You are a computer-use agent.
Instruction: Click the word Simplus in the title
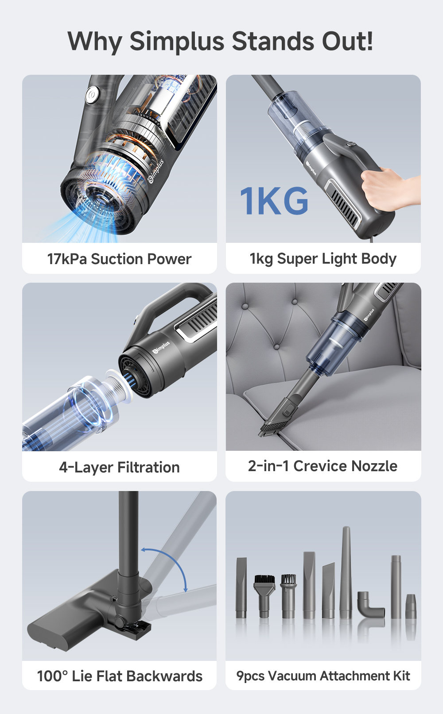pyautogui.click(x=177, y=42)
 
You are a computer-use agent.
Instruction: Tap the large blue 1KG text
pyautogui.click(x=274, y=201)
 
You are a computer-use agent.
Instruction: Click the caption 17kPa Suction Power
pyautogui.click(x=119, y=259)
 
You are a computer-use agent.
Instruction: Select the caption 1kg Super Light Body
pyautogui.click(x=323, y=259)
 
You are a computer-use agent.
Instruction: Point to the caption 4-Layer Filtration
pyautogui.click(x=119, y=467)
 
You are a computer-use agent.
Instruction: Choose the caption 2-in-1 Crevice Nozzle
pyautogui.click(x=323, y=466)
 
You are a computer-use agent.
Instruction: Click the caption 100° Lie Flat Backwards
pyautogui.click(x=119, y=676)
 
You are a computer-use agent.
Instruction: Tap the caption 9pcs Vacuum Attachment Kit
pyautogui.click(x=323, y=676)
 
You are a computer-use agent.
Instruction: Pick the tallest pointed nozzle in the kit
pyautogui.click(x=346, y=571)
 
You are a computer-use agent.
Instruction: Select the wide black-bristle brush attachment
pyautogui.click(x=264, y=591)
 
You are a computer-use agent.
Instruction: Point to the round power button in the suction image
pyautogui.click(x=92, y=95)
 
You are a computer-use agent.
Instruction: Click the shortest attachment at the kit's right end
pyautogui.click(x=411, y=607)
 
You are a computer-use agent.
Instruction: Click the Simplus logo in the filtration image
pyautogui.click(x=161, y=348)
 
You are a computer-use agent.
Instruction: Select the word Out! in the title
pyautogui.click(x=347, y=42)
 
